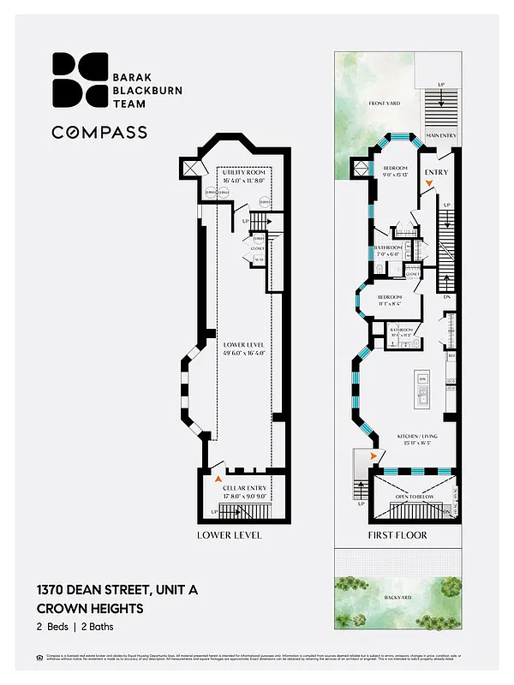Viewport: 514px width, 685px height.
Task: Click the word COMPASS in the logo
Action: [x=99, y=132]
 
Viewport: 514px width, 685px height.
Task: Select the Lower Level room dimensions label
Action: [x=244, y=348]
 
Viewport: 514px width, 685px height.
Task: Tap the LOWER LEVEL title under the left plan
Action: [x=229, y=536]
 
